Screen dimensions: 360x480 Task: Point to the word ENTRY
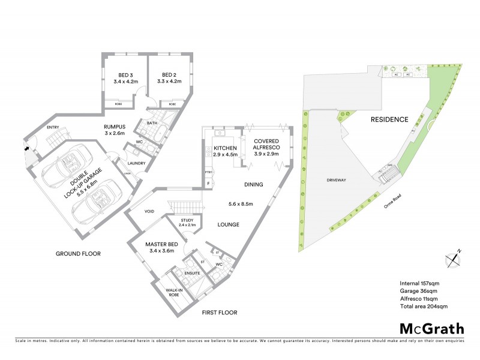53,127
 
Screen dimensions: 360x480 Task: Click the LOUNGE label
229,224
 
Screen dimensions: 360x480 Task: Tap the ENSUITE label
191,273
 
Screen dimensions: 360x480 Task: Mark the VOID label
151,211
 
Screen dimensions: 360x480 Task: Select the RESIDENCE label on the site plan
389,119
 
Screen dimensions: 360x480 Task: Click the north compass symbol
452,259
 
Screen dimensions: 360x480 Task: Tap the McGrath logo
432,328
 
